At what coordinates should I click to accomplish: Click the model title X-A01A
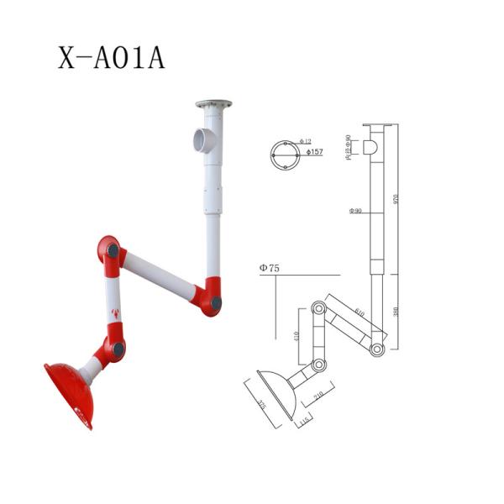pos(111,57)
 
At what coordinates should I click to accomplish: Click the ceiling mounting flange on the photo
pos(213,105)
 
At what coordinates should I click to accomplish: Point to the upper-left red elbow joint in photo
pos(109,249)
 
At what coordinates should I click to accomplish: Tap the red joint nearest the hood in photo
pos(113,347)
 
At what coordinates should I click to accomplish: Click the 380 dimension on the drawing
pos(395,312)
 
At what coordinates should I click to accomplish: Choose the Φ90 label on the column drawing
pos(356,210)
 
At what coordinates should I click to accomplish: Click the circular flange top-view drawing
pos(285,155)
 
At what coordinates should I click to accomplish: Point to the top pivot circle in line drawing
pos(319,307)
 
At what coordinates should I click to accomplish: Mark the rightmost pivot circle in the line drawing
pos(378,348)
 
